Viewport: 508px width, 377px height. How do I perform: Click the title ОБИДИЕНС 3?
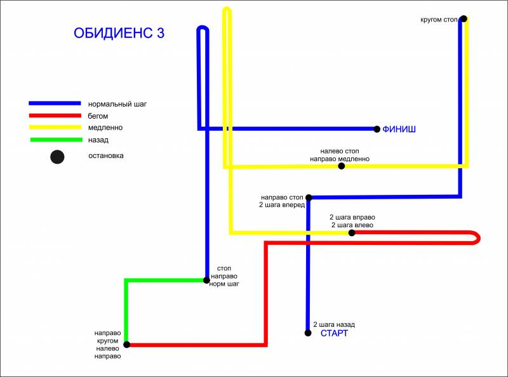119,33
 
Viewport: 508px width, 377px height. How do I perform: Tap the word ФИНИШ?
399,129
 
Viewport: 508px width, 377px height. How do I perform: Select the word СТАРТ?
334,333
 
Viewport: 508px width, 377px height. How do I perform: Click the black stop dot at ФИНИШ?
377,129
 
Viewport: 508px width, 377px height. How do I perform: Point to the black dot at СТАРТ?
308,333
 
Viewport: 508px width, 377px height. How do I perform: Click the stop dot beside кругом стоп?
464,19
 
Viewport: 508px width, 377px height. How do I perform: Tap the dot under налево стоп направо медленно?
341,166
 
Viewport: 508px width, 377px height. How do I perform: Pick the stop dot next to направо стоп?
309,197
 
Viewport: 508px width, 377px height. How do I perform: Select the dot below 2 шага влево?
352,233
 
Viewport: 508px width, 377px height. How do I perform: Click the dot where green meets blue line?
206,280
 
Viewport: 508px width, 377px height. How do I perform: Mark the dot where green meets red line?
127,345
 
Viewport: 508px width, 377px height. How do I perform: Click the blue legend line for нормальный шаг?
55,103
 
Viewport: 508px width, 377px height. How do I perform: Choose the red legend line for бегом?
55,116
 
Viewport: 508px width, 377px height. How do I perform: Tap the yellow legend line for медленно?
55,128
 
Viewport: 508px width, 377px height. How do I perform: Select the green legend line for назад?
57,140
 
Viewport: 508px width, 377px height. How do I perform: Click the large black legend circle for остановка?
57,157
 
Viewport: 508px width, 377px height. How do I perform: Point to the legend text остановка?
106,155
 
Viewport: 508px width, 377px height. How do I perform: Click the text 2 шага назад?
334,324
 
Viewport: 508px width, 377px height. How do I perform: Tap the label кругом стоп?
439,20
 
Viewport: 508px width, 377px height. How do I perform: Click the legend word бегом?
98,116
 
